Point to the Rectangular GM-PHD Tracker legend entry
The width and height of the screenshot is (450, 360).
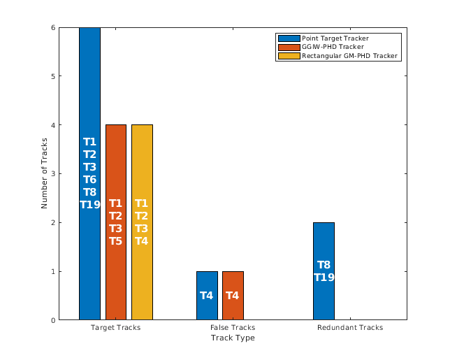349,56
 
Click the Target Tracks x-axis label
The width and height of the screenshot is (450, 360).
116,327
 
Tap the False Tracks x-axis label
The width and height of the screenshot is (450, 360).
233,327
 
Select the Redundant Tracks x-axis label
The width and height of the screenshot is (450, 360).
349,327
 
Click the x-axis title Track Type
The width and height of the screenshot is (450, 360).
233,338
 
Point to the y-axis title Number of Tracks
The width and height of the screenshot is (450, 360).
45,173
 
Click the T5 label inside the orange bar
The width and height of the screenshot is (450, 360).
115,241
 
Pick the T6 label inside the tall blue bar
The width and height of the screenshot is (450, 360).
89,180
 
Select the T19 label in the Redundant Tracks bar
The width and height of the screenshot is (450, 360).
324,278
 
